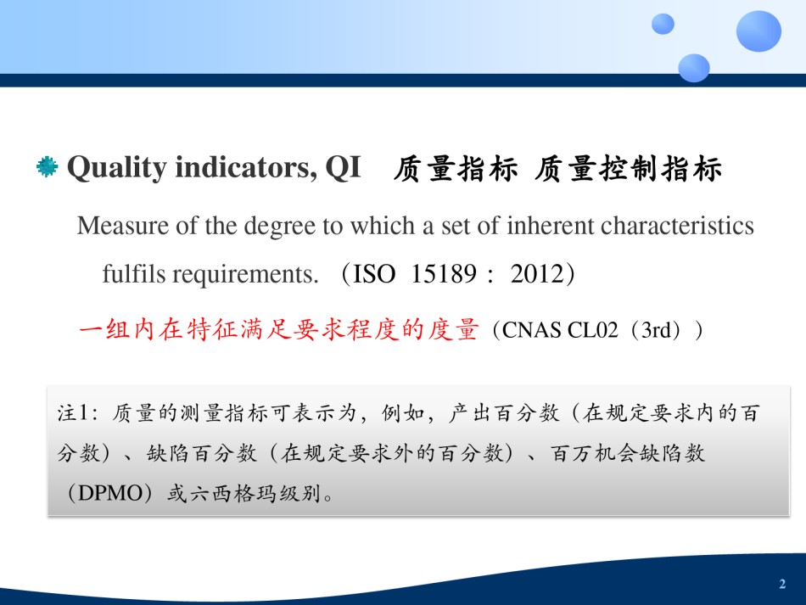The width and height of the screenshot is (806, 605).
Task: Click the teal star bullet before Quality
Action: [x=48, y=166]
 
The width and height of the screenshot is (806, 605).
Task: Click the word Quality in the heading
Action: [x=117, y=168]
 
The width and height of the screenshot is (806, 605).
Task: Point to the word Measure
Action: [x=123, y=226]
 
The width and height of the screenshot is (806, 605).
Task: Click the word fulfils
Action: [x=134, y=273]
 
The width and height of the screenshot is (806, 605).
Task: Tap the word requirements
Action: [x=245, y=274]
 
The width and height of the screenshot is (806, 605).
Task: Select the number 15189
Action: [x=444, y=273]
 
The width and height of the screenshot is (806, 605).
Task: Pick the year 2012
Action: [x=537, y=273]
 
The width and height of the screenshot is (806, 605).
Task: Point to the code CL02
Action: [x=592, y=330]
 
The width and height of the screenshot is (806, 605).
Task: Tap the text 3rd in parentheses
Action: [x=657, y=330]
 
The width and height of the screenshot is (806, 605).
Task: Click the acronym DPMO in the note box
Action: [x=110, y=494]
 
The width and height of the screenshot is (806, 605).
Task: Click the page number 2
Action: [x=782, y=584]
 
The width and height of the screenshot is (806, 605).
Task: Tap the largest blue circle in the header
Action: [x=758, y=31]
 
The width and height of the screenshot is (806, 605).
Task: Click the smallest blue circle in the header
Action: [x=663, y=24]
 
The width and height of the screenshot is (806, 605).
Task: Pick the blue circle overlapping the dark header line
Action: [x=694, y=68]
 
